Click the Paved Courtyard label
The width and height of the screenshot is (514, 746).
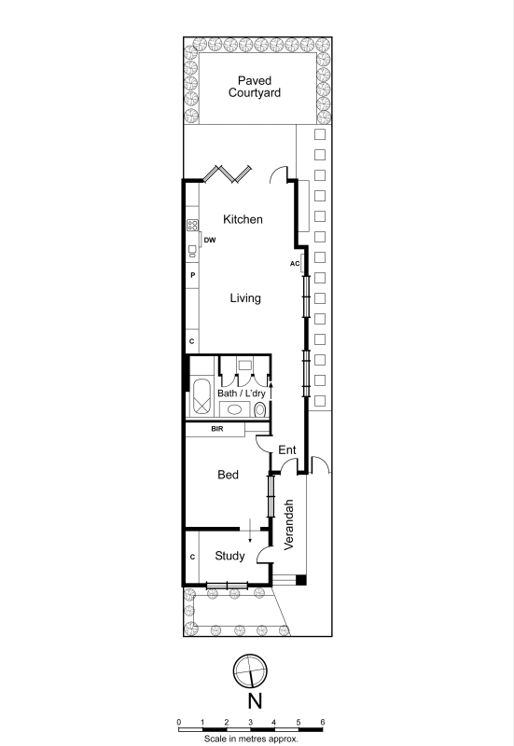254,87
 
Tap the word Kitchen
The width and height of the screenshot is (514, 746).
243,219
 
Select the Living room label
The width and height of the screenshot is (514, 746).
245,298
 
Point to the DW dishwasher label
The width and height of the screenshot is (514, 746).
210,241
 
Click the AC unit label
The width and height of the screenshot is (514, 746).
295,264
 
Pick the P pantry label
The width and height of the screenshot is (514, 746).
193,275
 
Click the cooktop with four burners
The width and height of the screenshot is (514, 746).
192,225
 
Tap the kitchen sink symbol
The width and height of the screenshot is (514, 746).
192,250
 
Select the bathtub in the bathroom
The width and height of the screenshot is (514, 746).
202,398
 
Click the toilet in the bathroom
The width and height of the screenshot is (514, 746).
260,409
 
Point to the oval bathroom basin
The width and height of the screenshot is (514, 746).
234,408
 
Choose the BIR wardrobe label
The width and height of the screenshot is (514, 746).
217,429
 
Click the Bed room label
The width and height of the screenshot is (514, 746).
228,475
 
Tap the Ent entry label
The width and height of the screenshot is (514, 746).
287,449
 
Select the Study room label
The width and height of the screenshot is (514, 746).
229,556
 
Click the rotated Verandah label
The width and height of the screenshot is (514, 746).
288,525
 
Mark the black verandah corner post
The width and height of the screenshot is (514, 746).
300,580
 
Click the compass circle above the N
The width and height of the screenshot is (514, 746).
250,671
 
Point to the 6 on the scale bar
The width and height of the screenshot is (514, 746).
323,722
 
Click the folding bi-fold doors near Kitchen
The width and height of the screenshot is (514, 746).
228,174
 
